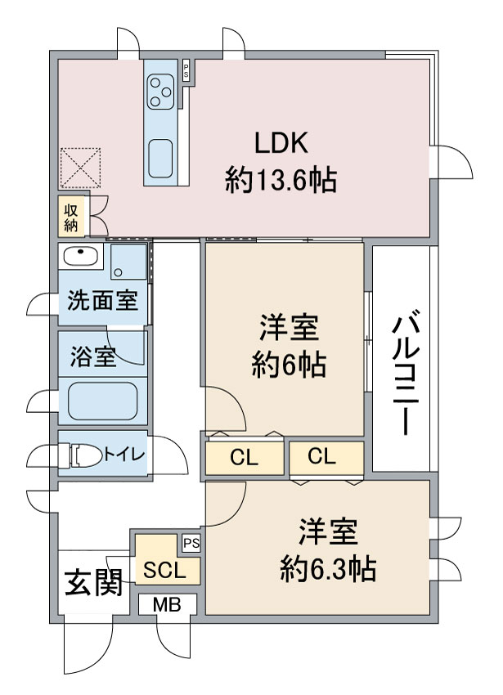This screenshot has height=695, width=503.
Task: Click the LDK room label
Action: click(x=281, y=143)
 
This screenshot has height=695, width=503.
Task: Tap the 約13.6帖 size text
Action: click(x=281, y=180)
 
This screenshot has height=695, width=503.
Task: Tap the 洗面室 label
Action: click(x=101, y=302)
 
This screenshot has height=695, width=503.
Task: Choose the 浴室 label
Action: click(x=92, y=356)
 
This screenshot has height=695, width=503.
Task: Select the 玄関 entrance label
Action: click(x=93, y=584)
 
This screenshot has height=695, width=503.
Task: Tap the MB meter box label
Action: click(x=167, y=606)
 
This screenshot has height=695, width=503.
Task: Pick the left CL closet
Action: click(x=244, y=458)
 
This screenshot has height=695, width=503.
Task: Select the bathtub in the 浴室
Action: click(x=102, y=401)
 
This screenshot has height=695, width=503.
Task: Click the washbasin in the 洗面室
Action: click(x=80, y=257)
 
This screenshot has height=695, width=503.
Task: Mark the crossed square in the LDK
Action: click(x=80, y=167)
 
